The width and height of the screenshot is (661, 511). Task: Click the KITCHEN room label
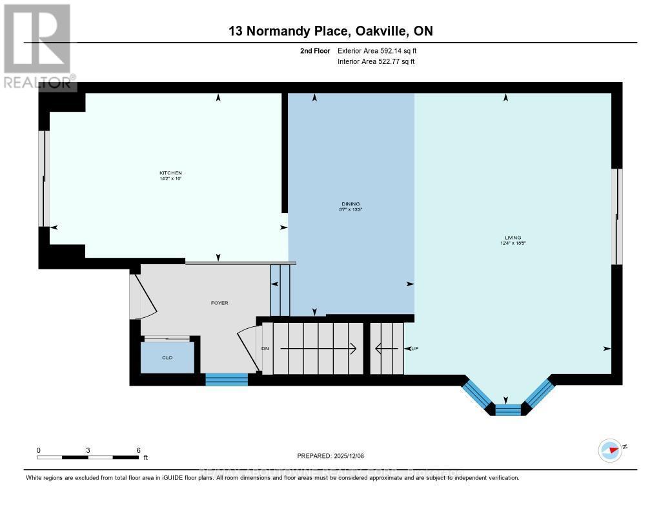point(170,172)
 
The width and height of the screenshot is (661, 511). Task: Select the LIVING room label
point(514,237)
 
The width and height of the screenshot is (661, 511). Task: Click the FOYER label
point(219,302)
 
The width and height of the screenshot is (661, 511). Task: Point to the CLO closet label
point(167,357)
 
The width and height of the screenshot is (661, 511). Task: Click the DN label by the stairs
point(265,349)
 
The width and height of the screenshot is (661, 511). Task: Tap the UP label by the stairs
point(415,349)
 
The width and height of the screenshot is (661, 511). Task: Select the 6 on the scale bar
point(138,450)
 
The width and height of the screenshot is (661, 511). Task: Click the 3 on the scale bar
point(88,450)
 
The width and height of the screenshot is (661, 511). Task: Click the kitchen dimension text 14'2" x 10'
point(171,178)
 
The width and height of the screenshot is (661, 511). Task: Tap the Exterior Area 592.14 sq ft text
point(381,50)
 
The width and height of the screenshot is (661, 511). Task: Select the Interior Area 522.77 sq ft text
point(376,61)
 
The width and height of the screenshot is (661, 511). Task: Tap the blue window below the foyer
point(227,379)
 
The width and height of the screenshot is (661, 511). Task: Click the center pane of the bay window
point(507,410)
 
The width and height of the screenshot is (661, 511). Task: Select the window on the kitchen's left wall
point(44,179)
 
